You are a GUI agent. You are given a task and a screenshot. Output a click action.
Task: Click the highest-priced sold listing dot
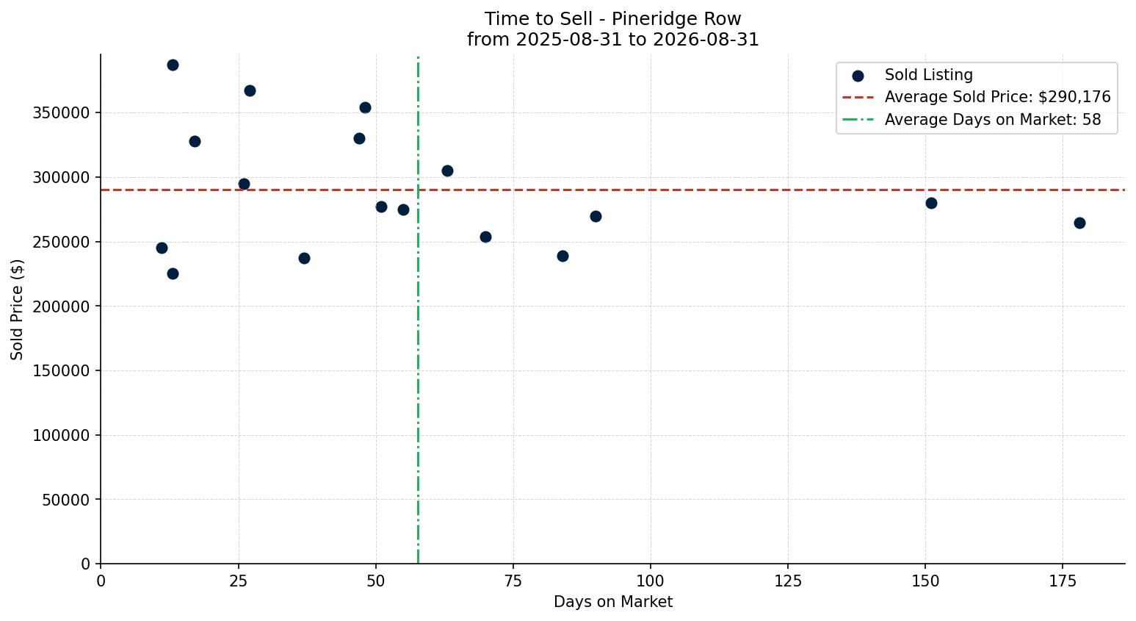(x=173, y=65)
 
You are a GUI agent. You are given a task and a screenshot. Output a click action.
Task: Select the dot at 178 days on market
(x=1079, y=223)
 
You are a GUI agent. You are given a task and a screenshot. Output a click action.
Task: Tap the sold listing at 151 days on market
(x=931, y=204)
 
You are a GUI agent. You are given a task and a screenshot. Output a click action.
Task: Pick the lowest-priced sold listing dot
(x=173, y=274)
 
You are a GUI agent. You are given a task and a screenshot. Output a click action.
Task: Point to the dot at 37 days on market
(x=304, y=258)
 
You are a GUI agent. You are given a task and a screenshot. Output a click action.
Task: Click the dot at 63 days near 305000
(x=447, y=171)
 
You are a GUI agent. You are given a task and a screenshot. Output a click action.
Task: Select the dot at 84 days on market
(x=562, y=256)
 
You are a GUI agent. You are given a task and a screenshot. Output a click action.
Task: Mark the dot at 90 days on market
(x=596, y=217)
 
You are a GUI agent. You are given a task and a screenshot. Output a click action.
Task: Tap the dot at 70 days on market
(x=485, y=237)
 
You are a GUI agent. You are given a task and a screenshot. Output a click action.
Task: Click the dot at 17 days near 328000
(x=195, y=142)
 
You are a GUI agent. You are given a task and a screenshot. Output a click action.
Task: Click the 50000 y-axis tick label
(x=65, y=500)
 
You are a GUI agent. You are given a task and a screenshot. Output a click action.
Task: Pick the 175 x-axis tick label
(x=1063, y=581)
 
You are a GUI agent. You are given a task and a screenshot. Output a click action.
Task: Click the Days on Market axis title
(x=612, y=602)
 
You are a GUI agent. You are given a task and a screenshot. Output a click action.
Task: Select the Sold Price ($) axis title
(x=17, y=309)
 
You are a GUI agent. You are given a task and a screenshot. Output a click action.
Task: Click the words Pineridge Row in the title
(x=676, y=19)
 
